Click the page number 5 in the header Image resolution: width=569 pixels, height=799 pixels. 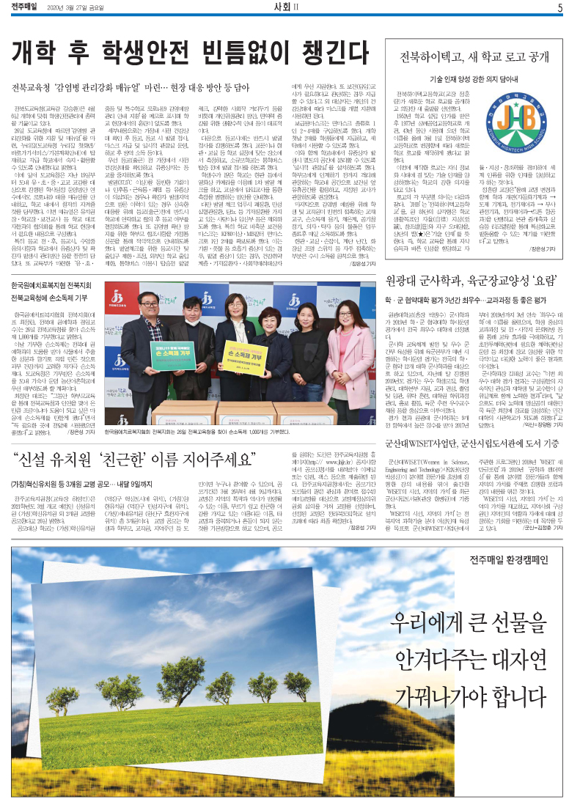(x=559, y=8)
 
